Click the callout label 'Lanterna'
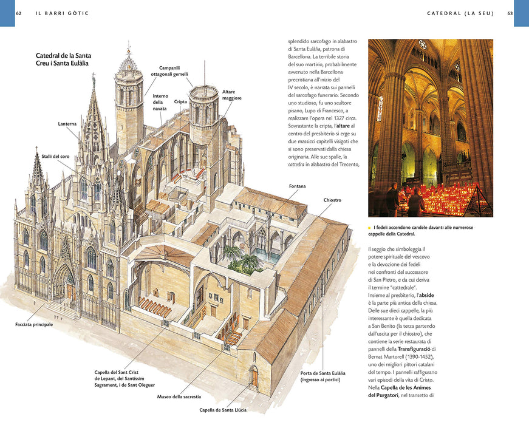coord(67,124)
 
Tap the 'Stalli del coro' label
coord(56,157)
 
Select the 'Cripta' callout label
coord(180,101)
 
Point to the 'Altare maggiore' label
coord(232,95)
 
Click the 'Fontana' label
coord(297,186)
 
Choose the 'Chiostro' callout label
coord(332,200)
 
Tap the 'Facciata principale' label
coord(34,324)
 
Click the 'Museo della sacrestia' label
coord(179,396)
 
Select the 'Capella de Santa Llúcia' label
coord(223,410)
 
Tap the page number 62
coord(19,13)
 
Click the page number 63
coord(510,13)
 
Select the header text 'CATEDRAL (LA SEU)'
coord(460,13)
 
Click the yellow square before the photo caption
coord(370,228)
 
